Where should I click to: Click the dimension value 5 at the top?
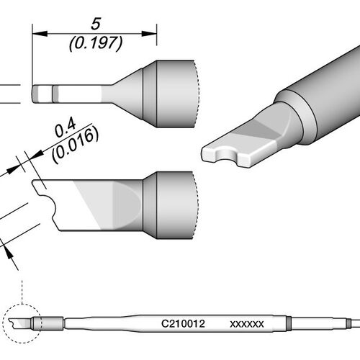[x=96, y=24]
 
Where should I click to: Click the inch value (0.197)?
[x=96, y=43]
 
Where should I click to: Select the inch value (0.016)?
[x=75, y=145]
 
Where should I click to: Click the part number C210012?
[x=183, y=324]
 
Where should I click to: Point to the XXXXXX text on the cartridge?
[x=247, y=324]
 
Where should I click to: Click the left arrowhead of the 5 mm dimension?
[x=40, y=34]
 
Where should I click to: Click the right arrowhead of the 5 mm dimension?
[x=149, y=34]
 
